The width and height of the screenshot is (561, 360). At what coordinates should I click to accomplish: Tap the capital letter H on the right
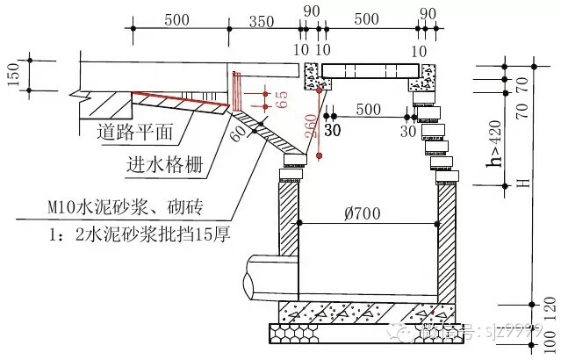pyautogui.click(x=519, y=184)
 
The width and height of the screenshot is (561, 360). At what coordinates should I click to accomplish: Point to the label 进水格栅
pyautogui.click(x=159, y=164)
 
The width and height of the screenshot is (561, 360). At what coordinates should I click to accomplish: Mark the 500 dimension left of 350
pyautogui.click(x=177, y=19)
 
